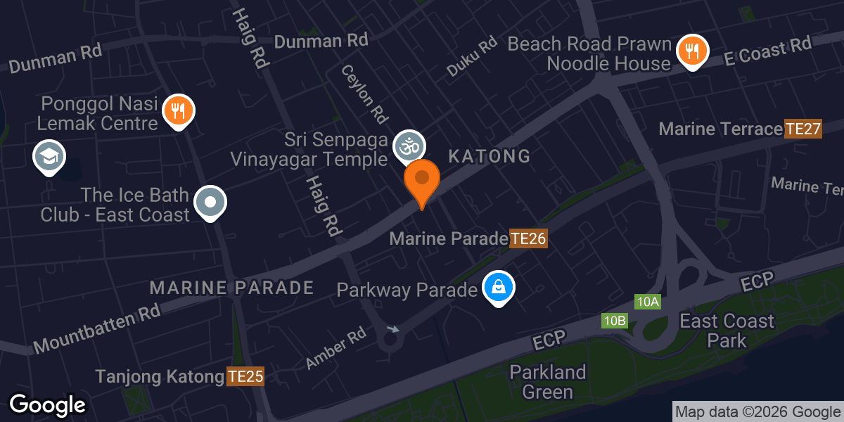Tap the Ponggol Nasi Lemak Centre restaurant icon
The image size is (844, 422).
pos(179,110)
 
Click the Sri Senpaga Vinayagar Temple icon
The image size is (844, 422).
pos(408,146)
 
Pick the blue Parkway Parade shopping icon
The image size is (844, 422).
pos(498,287)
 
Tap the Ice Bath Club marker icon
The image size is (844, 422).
pos(210,202)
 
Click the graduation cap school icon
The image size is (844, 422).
pos(49,156)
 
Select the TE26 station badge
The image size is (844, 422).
pos(528,239)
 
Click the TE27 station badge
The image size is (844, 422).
pos(803,129)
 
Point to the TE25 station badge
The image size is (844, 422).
pos(245,377)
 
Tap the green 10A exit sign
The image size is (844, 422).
pos(647,302)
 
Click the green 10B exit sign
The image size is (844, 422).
pos(614,321)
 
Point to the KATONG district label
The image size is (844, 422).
pos(490,156)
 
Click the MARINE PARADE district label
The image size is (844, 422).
pos(231,287)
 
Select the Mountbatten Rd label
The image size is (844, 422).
pos(97,330)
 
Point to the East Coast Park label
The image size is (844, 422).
pos(727,331)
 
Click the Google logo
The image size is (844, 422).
pos(48,404)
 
